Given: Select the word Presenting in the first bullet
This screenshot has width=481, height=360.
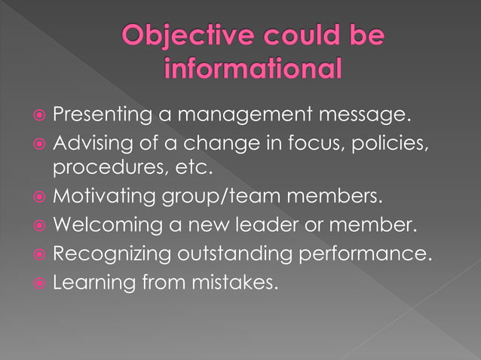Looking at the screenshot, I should pos(104,117).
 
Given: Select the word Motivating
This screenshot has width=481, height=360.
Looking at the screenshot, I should pos(105,198).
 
